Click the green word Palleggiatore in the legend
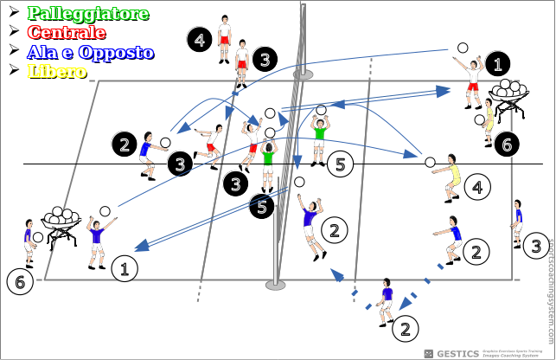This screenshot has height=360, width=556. coord(88,14)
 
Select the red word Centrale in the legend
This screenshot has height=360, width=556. coord(67,33)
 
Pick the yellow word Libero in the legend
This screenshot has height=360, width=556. coord(57,71)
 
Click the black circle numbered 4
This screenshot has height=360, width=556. coord(199,41)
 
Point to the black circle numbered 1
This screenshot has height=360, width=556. coord(497,63)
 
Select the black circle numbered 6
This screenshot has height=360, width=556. coord(508,144)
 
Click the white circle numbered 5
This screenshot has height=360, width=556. coord(341,164)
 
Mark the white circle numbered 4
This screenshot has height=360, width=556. coord(476,186)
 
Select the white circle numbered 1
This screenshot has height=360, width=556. coord(125,268)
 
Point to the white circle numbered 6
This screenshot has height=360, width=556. coord(18,281)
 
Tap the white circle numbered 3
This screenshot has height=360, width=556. coord(535,246)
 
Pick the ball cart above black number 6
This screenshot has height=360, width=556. coord(509,93)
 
